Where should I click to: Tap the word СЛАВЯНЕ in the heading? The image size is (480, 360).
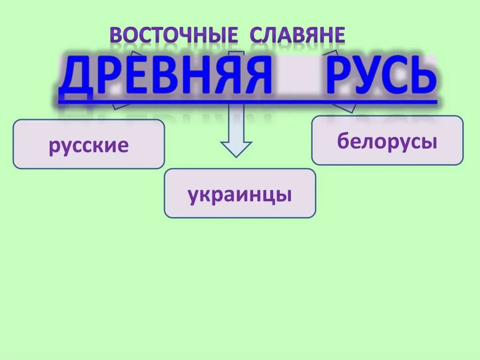[x=298, y=36]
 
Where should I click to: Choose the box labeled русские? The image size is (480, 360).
[x=89, y=144]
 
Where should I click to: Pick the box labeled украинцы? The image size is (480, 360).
[x=240, y=194]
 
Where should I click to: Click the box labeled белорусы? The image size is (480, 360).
[x=387, y=141]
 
